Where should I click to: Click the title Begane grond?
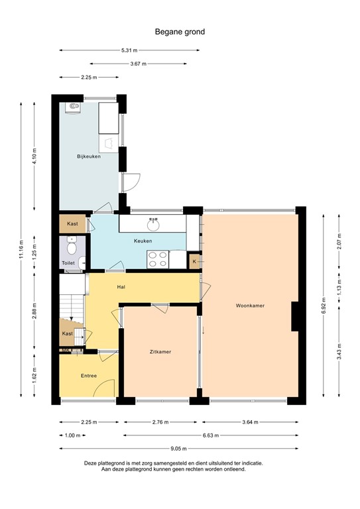pos(180,30)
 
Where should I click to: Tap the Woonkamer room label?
pos(250,306)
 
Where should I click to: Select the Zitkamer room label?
pos(160,352)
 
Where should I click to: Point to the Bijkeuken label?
pos(88,156)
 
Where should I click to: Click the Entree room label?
pos(89,376)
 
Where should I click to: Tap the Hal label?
pos(121,287)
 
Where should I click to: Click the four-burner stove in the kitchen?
pos(157,259)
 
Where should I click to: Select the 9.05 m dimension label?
pos(179,448)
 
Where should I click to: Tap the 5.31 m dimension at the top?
pos(130,50)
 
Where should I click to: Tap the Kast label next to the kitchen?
pos(72,223)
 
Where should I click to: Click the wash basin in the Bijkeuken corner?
pos(72,107)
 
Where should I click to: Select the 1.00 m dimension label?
pos(72,435)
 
